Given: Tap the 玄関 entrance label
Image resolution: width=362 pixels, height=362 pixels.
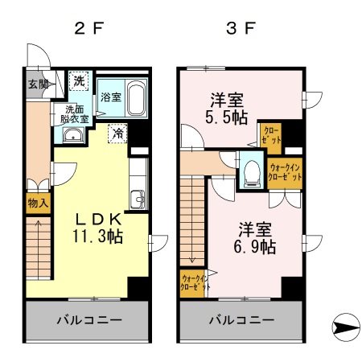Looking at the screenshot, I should pyautogui.click(x=37, y=84).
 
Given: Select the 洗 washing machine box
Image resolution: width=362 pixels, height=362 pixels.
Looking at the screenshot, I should pyautogui.click(x=80, y=80).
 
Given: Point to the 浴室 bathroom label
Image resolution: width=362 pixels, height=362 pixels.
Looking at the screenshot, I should pyautogui.click(x=111, y=97).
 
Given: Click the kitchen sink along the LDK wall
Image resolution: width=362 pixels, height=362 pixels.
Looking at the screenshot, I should pyautogui.click(x=137, y=198).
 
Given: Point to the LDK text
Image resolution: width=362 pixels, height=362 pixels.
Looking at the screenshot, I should pyautogui.click(x=98, y=218).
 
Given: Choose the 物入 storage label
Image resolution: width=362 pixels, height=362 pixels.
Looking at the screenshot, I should pyautogui.click(x=37, y=204).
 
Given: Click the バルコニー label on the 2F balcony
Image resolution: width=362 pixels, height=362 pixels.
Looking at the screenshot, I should pyautogui.click(x=88, y=320).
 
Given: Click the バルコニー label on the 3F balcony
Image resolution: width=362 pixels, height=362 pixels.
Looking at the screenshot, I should pyautogui.click(x=241, y=320).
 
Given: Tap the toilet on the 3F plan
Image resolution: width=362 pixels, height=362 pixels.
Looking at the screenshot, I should pyautogui.click(x=251, y=171).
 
